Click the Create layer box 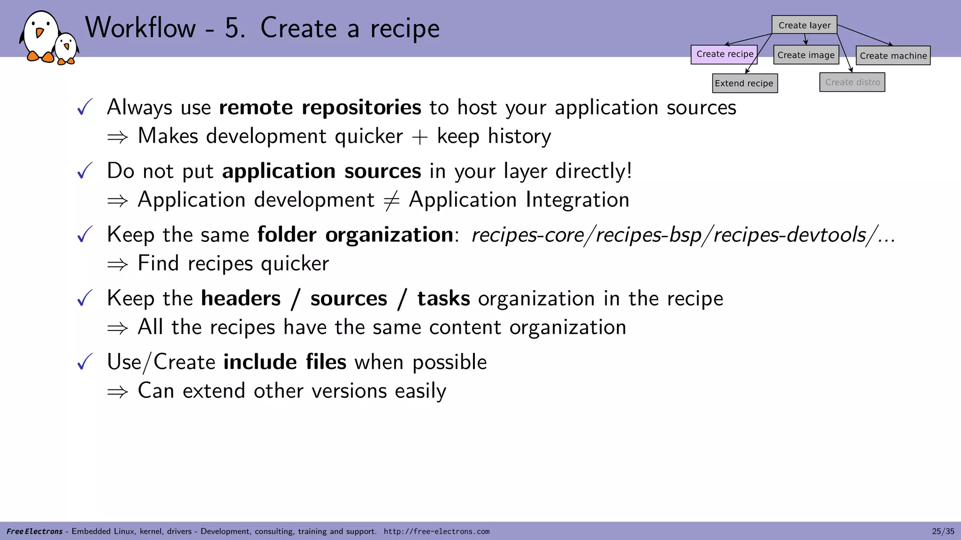click(804, 25)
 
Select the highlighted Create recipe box click(724, 54)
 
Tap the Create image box click(806, 55)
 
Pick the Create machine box click(892, 56)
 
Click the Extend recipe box click(744, 83)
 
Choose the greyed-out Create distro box click(852, 82)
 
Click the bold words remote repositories click(320, 108)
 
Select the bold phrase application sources click(321, 171)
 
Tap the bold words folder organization click(355, 235)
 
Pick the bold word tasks click(443, 299)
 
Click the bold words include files click(285, 362)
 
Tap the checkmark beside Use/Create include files click(85, 361)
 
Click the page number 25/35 click(943, 531)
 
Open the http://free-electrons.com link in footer click(436, 532)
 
